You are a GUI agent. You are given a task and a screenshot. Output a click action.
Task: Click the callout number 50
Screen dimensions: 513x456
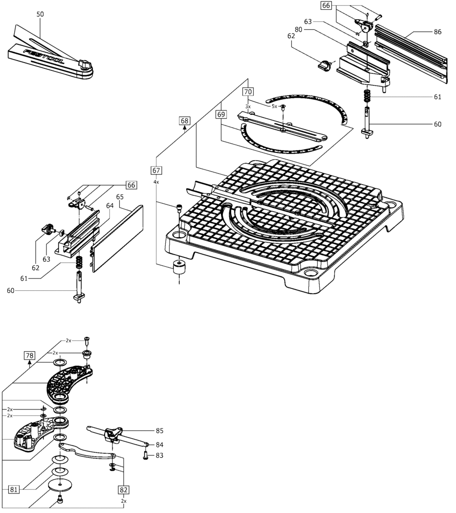(40, 14)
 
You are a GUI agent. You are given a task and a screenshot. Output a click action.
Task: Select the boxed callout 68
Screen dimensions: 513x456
(184, 120)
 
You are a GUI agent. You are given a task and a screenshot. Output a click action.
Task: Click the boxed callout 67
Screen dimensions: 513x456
(156, 171)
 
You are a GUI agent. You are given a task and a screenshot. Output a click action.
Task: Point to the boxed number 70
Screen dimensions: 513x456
(248, 91)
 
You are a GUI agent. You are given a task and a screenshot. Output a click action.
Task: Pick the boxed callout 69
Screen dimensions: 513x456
(221, 114)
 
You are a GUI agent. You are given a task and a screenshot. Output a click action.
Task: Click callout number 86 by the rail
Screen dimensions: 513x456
(437, 32)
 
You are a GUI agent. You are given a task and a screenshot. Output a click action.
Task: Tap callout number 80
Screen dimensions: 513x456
(312, 30)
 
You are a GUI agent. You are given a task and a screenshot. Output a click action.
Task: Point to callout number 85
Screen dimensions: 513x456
(159, 430)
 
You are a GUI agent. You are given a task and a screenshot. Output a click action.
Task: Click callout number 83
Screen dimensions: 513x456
(159, 455)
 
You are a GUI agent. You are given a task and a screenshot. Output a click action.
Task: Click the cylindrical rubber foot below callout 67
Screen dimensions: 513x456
(179, 268)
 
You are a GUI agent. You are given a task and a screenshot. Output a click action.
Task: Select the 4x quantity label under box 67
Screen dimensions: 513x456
(156, 182)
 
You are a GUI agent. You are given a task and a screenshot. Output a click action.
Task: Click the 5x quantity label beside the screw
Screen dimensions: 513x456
(274, 106)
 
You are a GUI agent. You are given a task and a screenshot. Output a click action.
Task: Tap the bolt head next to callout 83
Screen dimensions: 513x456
(146, 455)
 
